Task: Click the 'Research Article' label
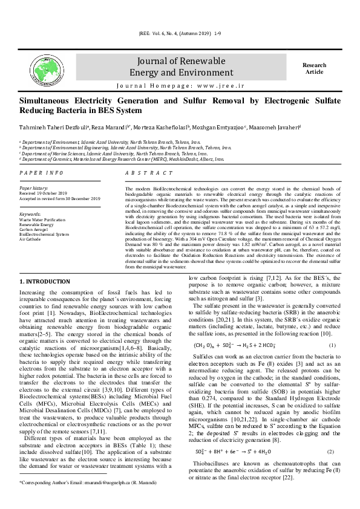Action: point(315,68)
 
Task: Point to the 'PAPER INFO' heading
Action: point(41,172)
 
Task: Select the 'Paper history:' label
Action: point(34,187)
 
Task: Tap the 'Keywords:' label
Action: point(30,214)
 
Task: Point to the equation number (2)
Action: point(331,452)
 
